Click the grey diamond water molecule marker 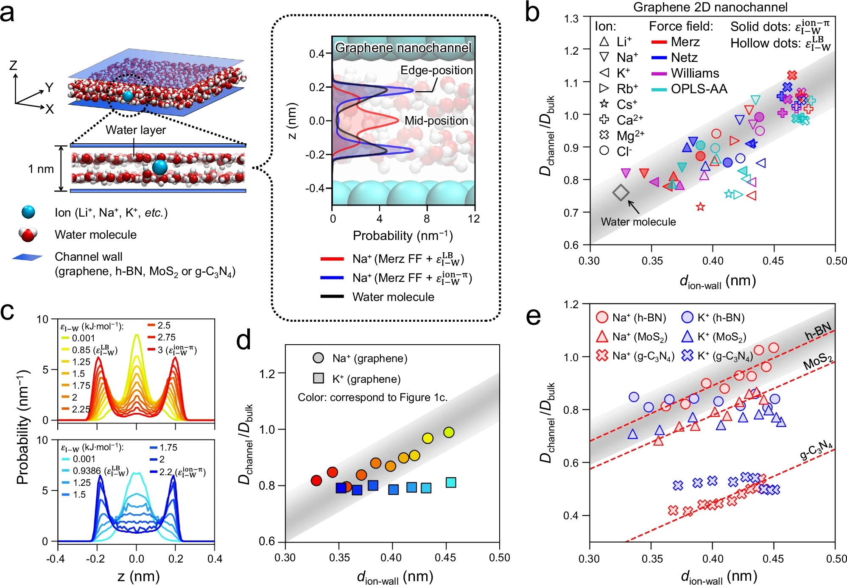click(621, 193)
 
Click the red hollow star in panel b click(700, 207)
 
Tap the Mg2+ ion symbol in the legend click(604, 135)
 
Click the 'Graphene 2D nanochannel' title click(710, 7)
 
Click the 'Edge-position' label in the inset click(436, 70)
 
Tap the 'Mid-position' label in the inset click(436, 121)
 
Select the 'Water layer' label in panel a click(136, 130)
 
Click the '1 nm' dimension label click(41, 169)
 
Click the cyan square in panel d click(451, 482)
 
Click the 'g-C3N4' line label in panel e click(816, 450)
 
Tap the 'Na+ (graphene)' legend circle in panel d click(318, 358)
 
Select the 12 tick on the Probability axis click(474, 219)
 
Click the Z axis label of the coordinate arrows click(13, 65)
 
